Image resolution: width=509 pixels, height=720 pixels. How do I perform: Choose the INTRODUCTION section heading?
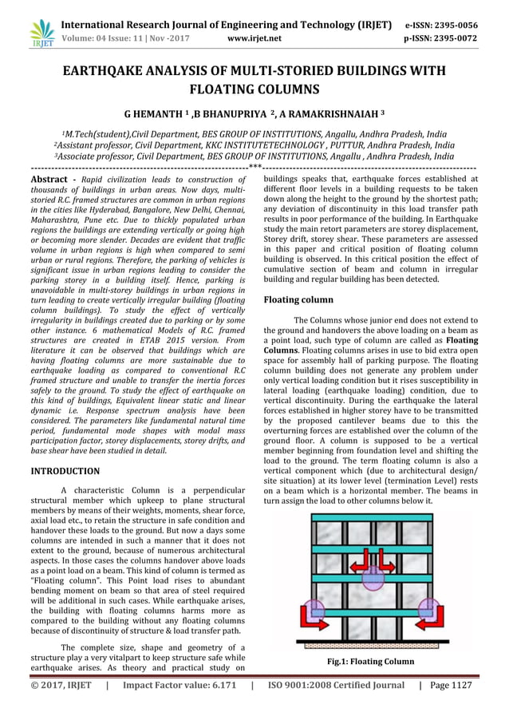pos(65,471)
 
